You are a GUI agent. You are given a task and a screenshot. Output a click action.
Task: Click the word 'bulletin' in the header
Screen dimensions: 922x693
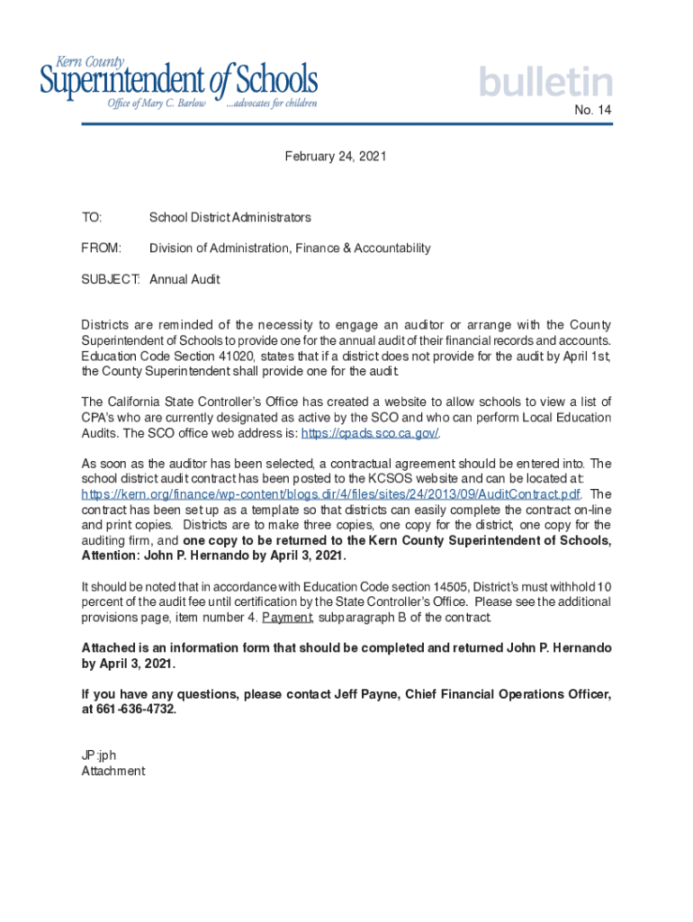[545, 83]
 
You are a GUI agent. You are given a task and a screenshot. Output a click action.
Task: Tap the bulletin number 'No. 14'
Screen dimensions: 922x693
[593, 111]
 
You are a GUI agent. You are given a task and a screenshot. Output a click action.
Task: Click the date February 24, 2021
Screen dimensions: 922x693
[336, 157]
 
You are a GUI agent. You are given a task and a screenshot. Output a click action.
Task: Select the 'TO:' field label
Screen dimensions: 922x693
[92, 218]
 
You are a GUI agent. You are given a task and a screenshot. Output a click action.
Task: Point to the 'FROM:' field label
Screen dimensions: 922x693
[101, 249]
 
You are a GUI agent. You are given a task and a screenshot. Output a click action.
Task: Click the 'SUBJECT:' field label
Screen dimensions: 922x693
[111, 280]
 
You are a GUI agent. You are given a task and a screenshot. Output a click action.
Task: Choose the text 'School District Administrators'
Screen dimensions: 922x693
[230, 218]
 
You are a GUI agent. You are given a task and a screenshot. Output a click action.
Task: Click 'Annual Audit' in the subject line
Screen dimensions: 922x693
[184, 280]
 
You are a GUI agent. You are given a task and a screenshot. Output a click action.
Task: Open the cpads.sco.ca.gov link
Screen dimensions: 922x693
[369, 433]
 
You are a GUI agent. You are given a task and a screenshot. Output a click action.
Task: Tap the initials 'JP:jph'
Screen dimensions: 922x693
[99, 755]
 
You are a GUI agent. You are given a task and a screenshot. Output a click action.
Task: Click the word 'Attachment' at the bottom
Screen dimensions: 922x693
[112, 772]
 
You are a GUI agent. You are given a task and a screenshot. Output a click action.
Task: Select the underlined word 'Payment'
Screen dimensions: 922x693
[287, 618]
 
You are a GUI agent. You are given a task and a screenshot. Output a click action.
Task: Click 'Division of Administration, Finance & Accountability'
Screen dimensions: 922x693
[290, 249]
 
